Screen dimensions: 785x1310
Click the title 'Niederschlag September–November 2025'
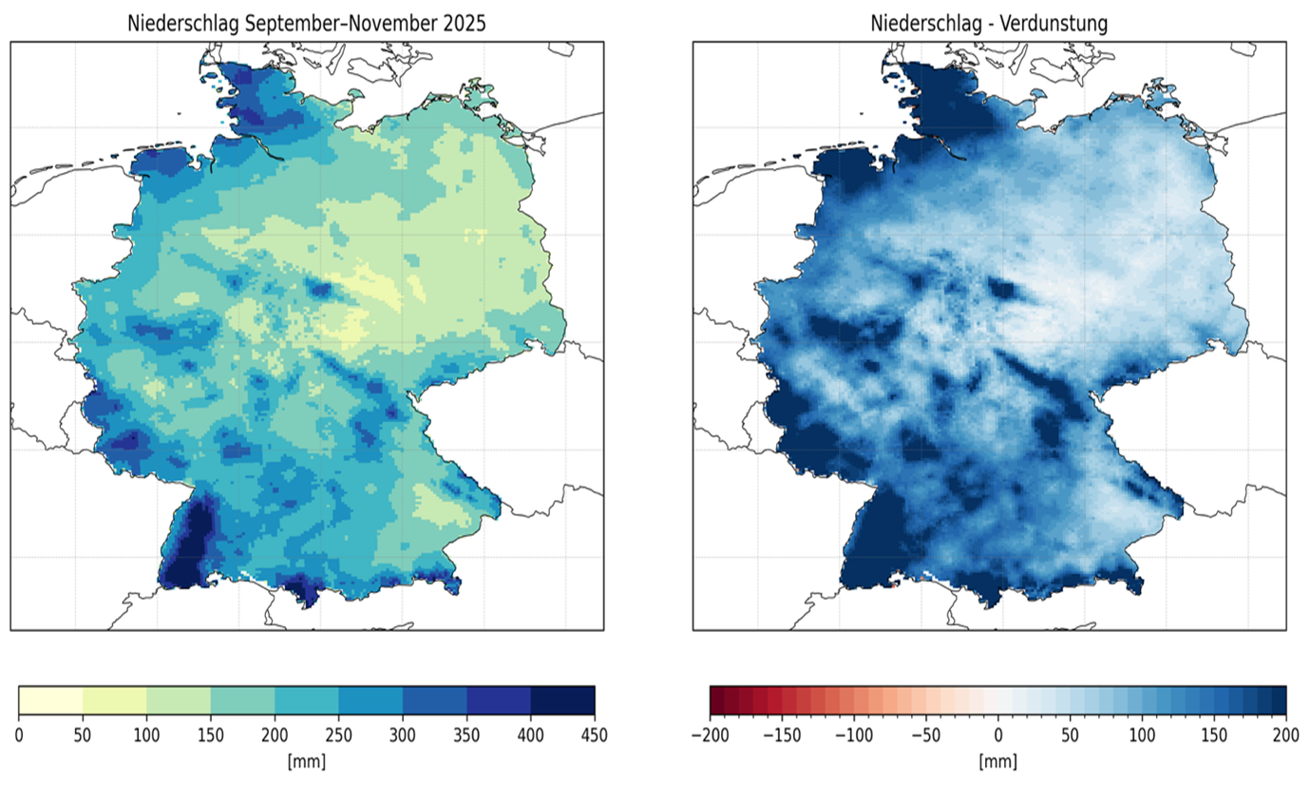[306, 24]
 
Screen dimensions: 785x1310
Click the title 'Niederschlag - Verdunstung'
[989, 24]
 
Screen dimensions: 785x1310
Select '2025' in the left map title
[465, 24]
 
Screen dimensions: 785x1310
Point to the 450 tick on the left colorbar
[595, 735]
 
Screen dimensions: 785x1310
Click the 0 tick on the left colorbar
[19, 735]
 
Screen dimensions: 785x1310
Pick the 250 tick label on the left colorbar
[339, 735]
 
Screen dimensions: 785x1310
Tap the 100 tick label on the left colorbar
[147, 735]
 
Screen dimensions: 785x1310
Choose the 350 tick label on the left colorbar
[466, 735]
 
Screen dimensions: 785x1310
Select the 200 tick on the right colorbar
[1285, 735]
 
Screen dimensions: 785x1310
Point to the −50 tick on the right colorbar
[925, 735]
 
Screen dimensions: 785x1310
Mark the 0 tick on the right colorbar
[998, 735]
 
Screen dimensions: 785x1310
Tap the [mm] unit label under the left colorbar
[307, 762]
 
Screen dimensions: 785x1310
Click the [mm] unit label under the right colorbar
[997, 762]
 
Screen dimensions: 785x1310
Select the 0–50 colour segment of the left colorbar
[51, 699]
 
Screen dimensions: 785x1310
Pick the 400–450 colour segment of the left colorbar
[562, 699]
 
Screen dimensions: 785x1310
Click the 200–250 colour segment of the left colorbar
[307, 699]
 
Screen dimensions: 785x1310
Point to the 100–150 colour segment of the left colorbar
[179, 699]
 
